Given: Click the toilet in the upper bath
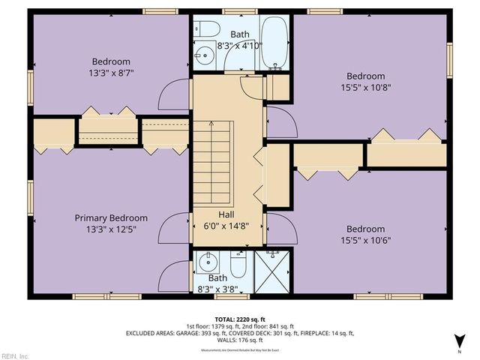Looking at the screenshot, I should point(209,29).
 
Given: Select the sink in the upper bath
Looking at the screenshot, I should point(203,55).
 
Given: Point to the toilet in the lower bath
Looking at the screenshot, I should point(238,265).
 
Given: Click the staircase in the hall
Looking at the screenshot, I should point(215,160).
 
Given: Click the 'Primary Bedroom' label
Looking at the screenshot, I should point(111,218).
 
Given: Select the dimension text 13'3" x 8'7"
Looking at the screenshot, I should point(111,74).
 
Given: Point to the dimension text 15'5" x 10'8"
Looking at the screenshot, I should point(365,88).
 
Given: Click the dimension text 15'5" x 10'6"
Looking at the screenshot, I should point(365,241).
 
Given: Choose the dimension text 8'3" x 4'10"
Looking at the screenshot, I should point(239,46).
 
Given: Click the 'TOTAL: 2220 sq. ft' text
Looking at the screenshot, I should point(240,319).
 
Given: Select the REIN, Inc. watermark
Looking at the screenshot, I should point(15,355).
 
